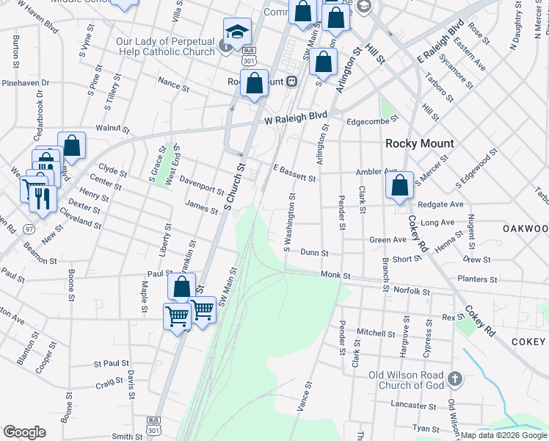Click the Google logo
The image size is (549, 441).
24,432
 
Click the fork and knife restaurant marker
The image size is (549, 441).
43,198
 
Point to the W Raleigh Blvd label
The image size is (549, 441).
295,117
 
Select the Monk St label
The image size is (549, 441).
336,275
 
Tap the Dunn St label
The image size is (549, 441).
314,252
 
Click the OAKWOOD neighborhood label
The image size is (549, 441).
526,229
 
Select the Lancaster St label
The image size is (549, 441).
409,405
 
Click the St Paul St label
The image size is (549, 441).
112,363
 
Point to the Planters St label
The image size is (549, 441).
477,279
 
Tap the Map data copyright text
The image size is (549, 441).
503,435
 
